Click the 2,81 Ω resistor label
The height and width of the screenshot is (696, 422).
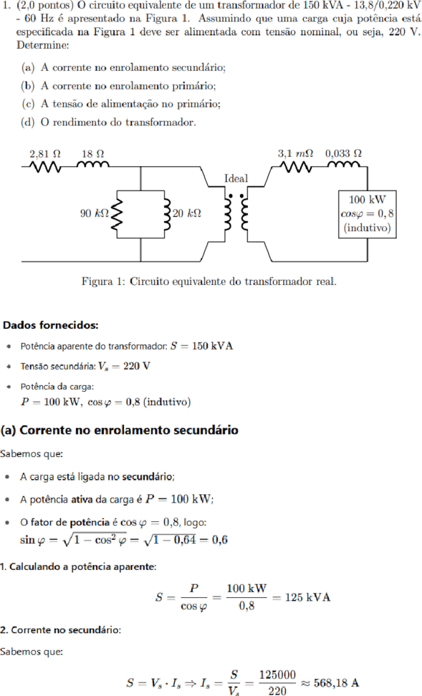(45, 153)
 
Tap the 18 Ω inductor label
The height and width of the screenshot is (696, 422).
(93, 153)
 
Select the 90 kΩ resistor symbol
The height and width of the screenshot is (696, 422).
(117, 214)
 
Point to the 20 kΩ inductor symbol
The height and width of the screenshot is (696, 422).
(167, 214)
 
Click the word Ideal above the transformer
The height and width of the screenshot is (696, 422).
(236, 178)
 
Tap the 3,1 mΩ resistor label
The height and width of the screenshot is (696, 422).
(295, 153)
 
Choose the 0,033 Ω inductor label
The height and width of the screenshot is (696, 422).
(343, 153)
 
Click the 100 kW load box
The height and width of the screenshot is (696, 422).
(368, 214)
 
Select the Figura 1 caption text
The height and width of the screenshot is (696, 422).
(208, 281)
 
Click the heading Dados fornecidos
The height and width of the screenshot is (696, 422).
(51, 325)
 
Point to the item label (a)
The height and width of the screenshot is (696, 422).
(27, 67)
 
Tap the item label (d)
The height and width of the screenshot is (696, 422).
(27, 122)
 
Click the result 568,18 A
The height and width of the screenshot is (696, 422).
(336, 682)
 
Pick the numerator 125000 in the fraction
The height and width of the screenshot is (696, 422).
(277, 675)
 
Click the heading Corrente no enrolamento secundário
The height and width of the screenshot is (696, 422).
(129, 430)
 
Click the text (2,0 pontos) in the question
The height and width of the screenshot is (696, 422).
(42, 6)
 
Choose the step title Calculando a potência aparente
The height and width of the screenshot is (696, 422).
(82, 567)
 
